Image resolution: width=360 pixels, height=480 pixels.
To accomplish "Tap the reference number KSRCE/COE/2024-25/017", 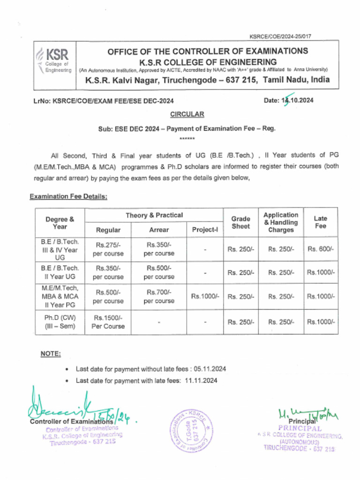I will [281, 36].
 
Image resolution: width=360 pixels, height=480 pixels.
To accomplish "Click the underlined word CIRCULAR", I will [187, 114].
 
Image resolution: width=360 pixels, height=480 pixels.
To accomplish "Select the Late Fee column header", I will [321, 222].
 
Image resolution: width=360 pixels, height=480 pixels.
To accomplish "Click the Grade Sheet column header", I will [240, 222].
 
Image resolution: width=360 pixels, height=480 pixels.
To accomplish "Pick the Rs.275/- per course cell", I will [108, 249].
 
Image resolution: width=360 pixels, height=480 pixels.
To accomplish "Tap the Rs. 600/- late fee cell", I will [321, 249].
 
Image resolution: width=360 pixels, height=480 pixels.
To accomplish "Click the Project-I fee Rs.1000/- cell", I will [205, 296].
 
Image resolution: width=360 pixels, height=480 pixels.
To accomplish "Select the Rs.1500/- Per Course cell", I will [108, 322].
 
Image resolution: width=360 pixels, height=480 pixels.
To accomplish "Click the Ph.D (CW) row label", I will [60, 322].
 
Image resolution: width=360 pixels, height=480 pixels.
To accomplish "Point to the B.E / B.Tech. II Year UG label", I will [60, 272].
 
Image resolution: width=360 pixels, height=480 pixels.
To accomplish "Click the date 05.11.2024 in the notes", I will [210, 369].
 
